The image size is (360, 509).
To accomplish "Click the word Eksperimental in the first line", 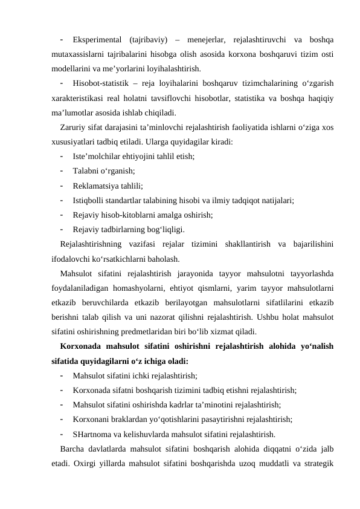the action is pos(97,40).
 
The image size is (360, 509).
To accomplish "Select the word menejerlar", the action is pos(208,40).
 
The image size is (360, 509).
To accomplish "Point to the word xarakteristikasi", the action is pos(78,97).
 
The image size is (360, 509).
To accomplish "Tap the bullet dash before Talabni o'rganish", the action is pos(63,170).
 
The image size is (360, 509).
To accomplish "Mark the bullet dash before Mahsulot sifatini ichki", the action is pos(63,375).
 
